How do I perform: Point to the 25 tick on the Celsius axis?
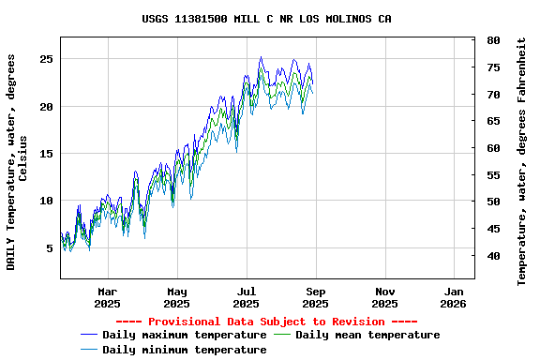point(46,59)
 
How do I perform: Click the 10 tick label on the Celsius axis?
point(46,201)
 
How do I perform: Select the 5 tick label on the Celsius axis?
point(49,248)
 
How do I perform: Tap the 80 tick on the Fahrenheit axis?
point(493,41)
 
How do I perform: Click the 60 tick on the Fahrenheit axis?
point(493,148)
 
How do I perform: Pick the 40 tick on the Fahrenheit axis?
point(493,255)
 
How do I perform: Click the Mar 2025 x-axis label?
point(108,297)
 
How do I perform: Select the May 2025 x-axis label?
point(177,297)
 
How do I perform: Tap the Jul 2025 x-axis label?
point(246,297)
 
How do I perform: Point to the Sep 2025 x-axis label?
point(315,297)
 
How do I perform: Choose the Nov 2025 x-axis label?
point(384,297)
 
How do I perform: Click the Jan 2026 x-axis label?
point(453,297)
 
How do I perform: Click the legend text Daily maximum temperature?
point(185,335)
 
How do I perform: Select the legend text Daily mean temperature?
point(367,335)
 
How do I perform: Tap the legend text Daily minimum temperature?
point(185,350)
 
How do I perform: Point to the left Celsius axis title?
point(17,161)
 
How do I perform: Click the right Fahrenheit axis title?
point(522,161)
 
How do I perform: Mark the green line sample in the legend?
point(282,335)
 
